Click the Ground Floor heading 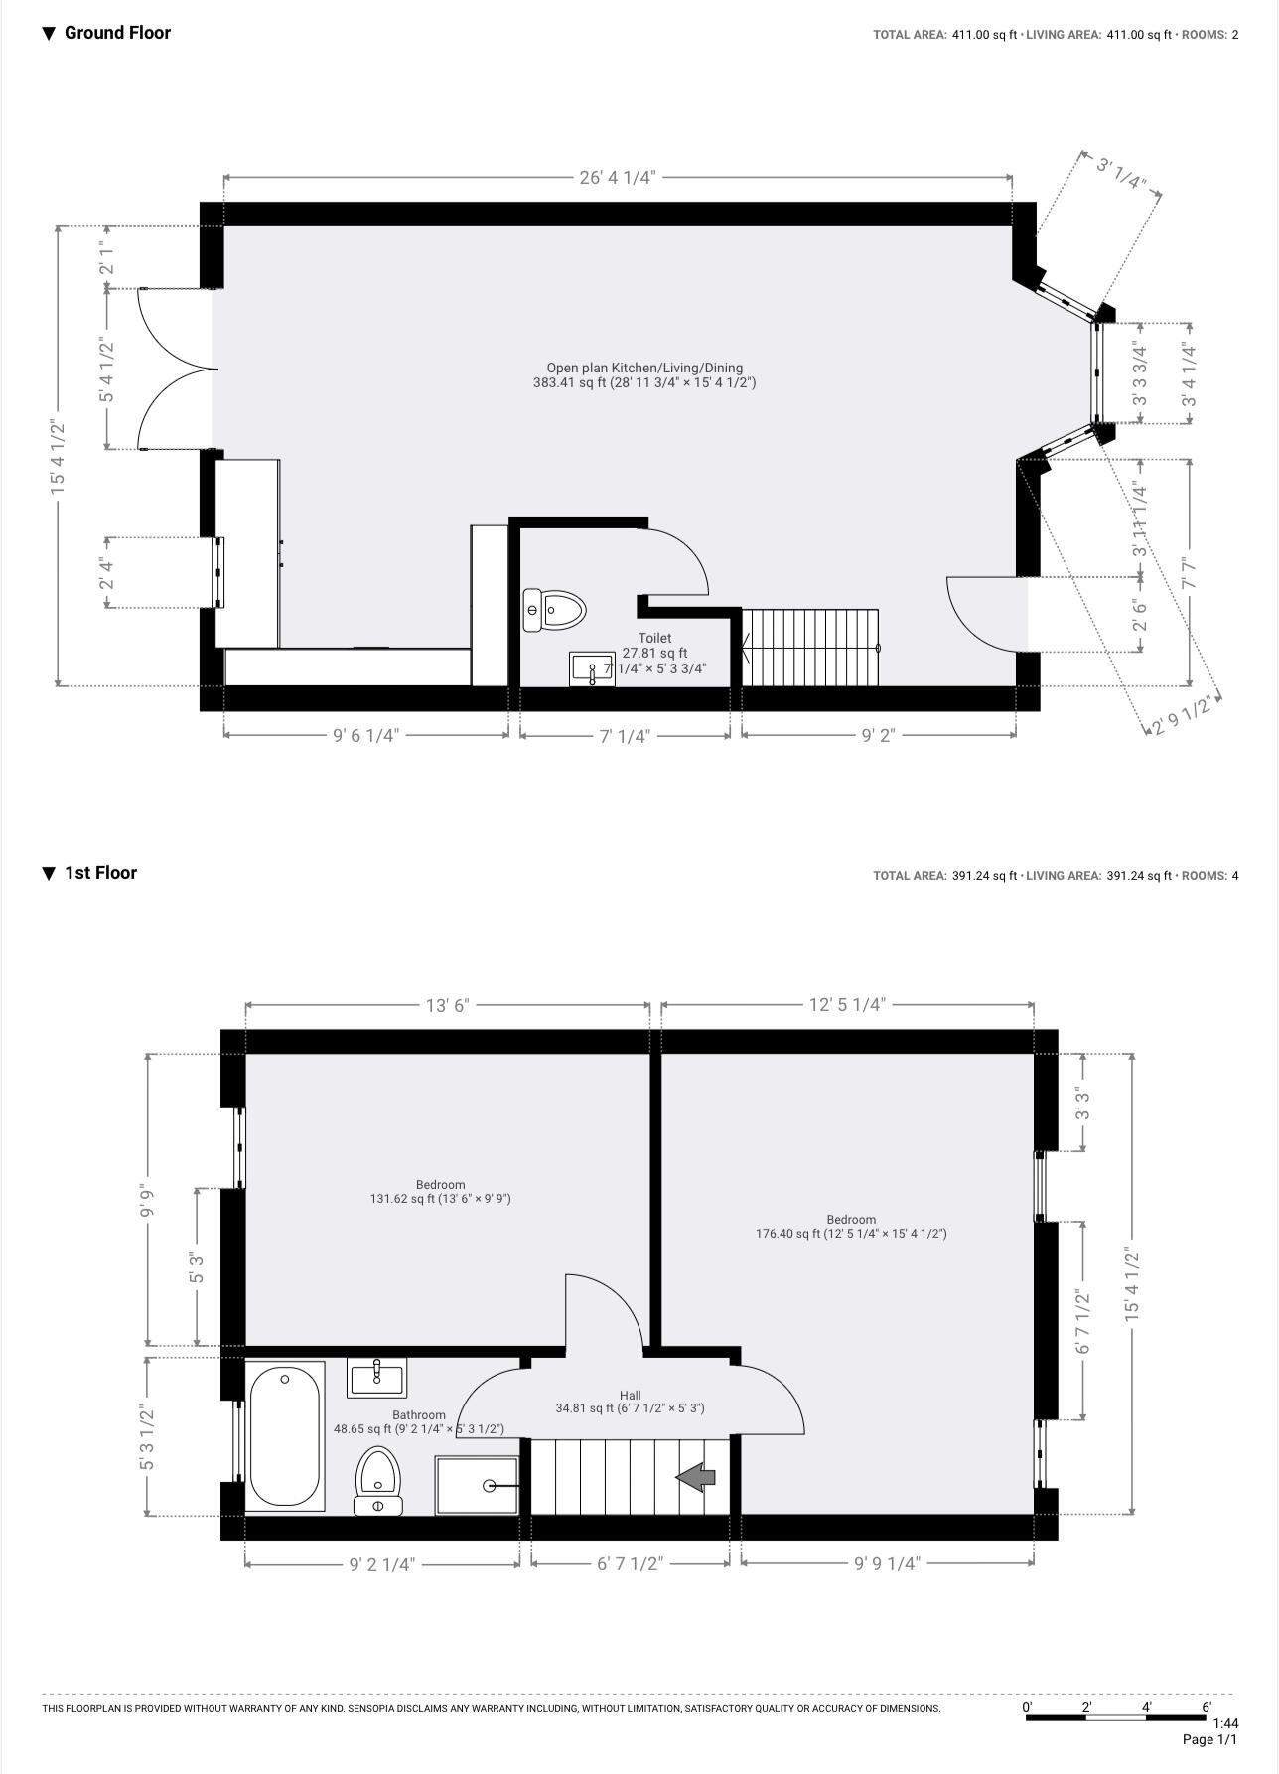point(116,33)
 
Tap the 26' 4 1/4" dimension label point(617,178)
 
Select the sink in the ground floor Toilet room point(592,669)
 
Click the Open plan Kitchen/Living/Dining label point(643,374)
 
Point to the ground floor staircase point(810,648)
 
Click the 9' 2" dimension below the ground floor point(878,736)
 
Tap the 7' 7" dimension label point(1190,572)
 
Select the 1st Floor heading point(99,873)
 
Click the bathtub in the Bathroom point(285,1435)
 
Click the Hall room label point(630,1402)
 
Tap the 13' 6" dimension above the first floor point(447,1005)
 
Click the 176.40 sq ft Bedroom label point(851,1227)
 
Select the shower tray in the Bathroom point(478,1485)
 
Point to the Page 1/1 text point(1209,1739)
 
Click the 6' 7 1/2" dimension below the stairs point(630,1563)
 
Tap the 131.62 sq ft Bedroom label point(440,1192)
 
